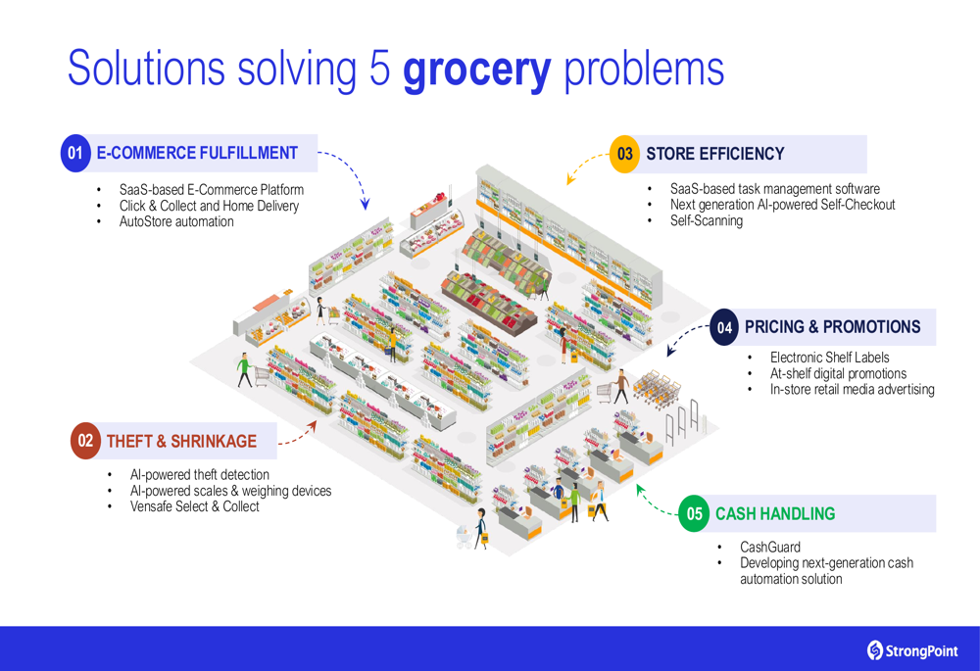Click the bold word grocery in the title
(477, 70)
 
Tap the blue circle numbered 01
(75, 153)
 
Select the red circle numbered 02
(85, 441)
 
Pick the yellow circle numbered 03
(624, 154)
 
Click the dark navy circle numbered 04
(725, 327)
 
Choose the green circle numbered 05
(695, 513)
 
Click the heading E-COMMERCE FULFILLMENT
(197, 153)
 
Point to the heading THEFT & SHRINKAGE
(181, 442)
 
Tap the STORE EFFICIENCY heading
(715, 154)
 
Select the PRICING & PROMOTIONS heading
(832, 327)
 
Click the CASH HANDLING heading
(775, 513)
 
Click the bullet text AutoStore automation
(176, 221)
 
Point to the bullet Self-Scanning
(707, 220)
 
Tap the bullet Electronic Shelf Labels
(829, 358)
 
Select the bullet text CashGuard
(770, 548)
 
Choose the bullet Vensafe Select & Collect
(194, 506)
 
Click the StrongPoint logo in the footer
(912, 651)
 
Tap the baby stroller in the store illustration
(465, 537)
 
